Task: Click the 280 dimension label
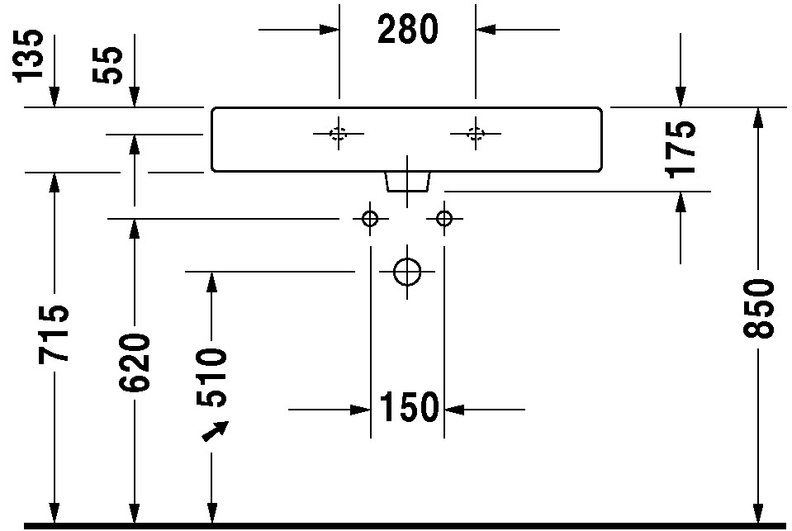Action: point(408,29)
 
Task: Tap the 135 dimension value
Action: point(28,55)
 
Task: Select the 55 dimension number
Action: point(108,65)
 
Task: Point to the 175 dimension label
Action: point(681,149)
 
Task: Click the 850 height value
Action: point(758,308)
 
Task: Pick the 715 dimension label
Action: point(53,334)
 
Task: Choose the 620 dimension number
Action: point(135,363)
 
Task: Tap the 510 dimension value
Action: point(211,377)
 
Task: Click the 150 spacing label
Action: point(408,407)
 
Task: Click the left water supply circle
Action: point(370,212)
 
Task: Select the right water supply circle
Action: point(444,212)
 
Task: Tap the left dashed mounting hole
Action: point(338,128)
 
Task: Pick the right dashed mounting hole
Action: point(476,128)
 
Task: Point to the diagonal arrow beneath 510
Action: point(216,431)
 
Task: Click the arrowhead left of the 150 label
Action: point(361,410)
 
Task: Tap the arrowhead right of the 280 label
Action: point(486,29)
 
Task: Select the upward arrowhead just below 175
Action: point(681,202)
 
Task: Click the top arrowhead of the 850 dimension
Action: point(757,118)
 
